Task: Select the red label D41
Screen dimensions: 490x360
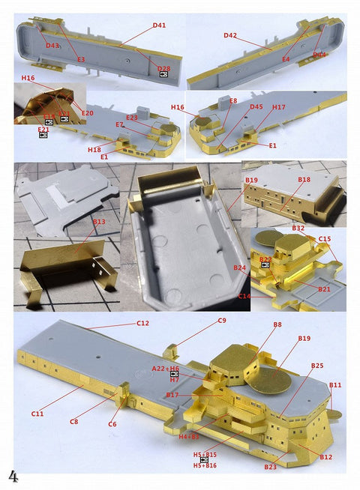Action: click(x=159, y=25)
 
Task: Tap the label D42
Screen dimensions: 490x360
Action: click(x=229, y=35)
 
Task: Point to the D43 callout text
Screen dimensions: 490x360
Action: click(x=52, y=46)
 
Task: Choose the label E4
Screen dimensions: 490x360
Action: click(x=286, y=58)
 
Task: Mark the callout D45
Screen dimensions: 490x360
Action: click(x=256, y=106)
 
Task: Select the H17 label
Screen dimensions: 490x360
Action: click(x=278, y=107)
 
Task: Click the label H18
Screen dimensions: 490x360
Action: click(x=94, y=150)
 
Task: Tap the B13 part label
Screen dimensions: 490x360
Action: click(x=99, y=222)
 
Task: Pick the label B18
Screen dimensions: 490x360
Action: click(x=304, y=180)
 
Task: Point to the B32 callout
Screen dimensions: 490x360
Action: click(x=298, y=228)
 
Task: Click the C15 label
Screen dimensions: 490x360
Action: click(x=324, y=239)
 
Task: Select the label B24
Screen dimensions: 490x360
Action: click(x=239, y=267)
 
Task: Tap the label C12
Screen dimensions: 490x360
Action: click(x=142, y=323)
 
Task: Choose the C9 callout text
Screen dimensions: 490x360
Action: click(x=222, y=321)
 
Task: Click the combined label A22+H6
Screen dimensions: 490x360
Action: click(x=165, y=369)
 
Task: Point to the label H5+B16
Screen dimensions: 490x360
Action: click(x=205, y=466)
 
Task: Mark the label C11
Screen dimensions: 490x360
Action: click(x=37, y=413)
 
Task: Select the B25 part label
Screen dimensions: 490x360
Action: click(x=317, y=366)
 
